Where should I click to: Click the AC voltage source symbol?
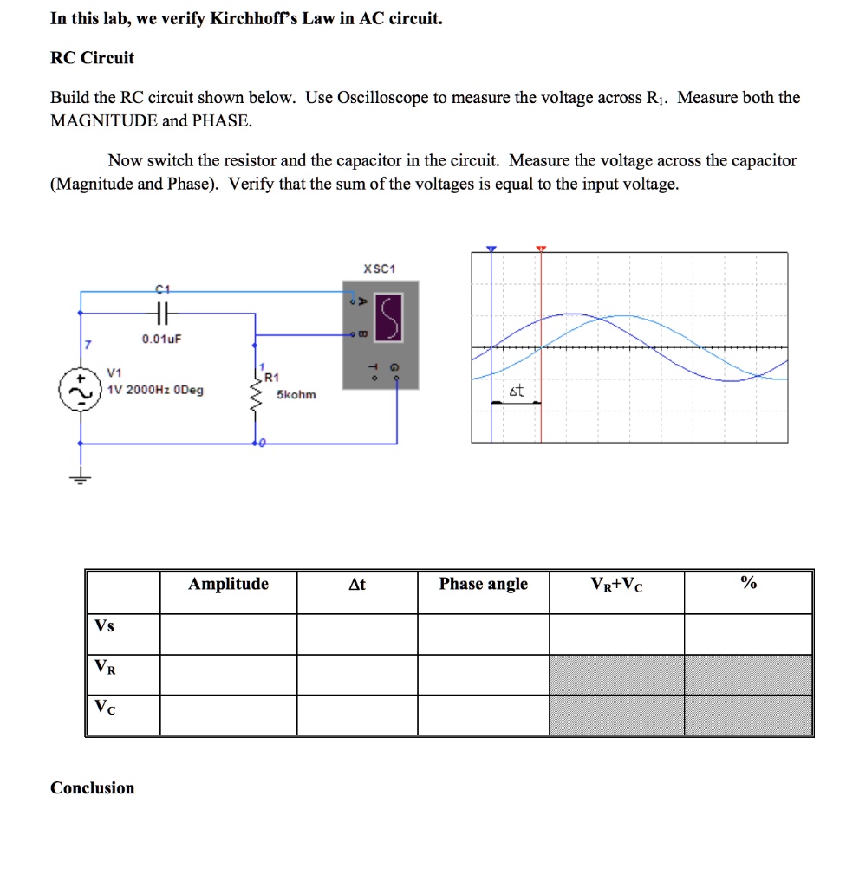(75, 390)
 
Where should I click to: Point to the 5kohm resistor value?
(296, 395)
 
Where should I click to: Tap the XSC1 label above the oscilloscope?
(380, 269)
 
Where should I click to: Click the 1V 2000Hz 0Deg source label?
(155, 390)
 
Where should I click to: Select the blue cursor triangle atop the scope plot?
(491, 249)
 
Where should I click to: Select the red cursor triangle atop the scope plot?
(541, 249)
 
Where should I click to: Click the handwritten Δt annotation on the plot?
(517, 392)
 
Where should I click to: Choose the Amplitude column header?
(228, 585)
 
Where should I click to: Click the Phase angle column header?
(483, 585)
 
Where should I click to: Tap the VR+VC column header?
(616, 585)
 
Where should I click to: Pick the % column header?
(748, 585)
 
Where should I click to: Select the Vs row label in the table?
(104, 626)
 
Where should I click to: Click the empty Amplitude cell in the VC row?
(228, 715)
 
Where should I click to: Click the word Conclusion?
(93, 788)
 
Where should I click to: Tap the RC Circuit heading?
(92, 58)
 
